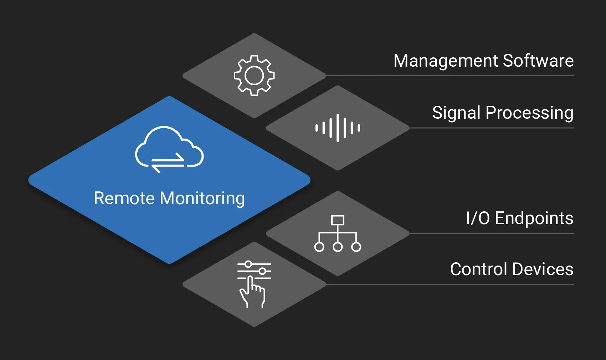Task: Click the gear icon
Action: (254, 75)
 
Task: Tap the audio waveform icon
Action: (338, 128)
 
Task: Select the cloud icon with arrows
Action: (169, 149)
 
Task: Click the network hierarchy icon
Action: (338, 233)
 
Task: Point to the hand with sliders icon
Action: (254, 284)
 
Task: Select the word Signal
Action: (456, 113)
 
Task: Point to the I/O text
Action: (478, 218)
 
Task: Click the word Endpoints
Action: (534, 218)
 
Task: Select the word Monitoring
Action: (202, 199)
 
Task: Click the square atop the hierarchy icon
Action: (338, 220)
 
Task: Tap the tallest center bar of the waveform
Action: (338, 128)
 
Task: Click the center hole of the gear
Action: (254, 76)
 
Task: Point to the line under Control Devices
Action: (449, 284)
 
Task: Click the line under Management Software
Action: (449, 76)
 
